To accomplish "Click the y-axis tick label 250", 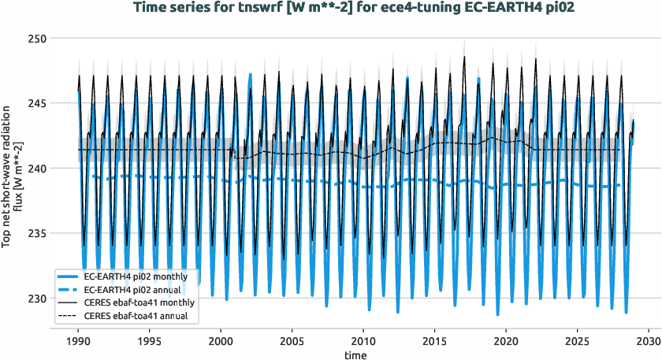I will pyautogui.click(x=36, y=39).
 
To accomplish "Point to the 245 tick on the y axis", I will pyautogui.click(x=36, y=103).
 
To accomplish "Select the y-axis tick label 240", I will pyautogui.click(x=36, y=169).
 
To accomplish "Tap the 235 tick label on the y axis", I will pyautogui.click(x=36, y=234).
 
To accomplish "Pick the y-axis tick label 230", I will pyautogui.click(x=36, y=299).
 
